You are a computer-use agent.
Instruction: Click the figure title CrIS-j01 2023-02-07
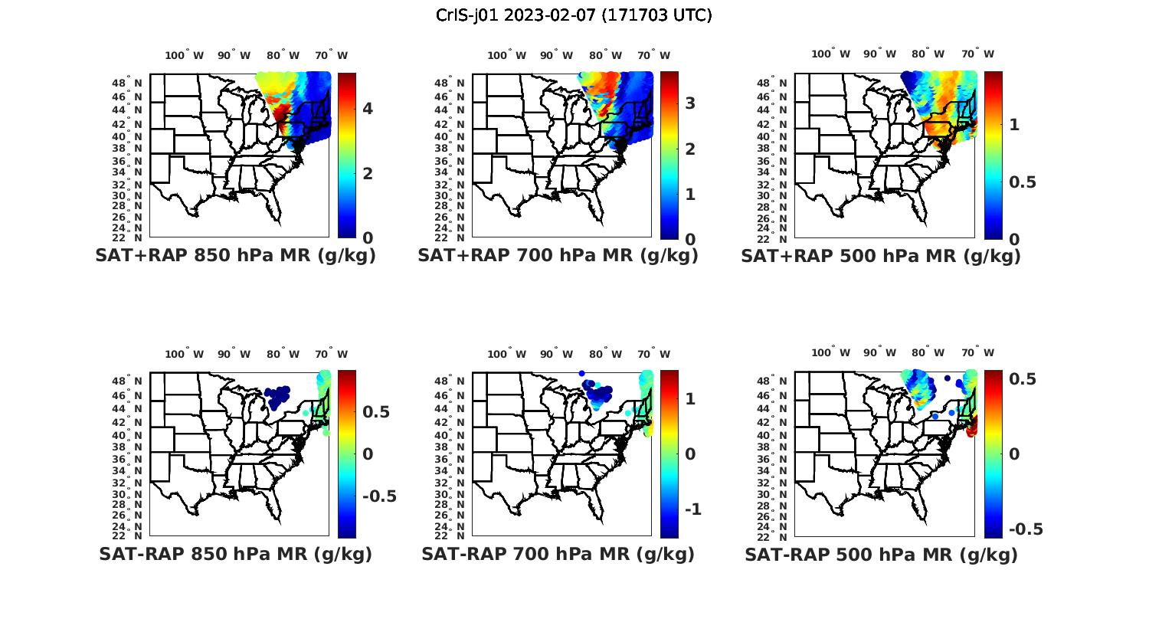pyautogui.click(x=574, y=15)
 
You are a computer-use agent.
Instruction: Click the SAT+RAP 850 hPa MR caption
pyautogui.click(x=235, y=256)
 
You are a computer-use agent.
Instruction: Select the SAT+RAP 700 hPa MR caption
pyautogui.click(x=558, y=256)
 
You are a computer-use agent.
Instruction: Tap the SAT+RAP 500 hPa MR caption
pyautogui.click(x=881, y=256)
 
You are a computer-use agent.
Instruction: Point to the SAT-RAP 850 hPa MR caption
pyautogui.click(x=235, y=554)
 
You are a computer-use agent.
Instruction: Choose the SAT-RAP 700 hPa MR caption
pyautogui.click(x=558, y=554)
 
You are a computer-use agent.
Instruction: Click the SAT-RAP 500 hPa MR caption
pyautogui.click(x=881, y=554)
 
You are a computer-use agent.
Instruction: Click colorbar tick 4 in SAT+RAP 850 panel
pyautogui.click(x=368, y=108)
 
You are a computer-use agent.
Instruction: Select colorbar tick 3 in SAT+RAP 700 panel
pyautogui.click(x=690, y=103)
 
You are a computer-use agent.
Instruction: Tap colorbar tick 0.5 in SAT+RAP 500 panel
pyautogui.click(x=1022, y=182)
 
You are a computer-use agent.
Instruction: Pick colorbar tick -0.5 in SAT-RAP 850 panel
pyautogui.click(x=379, y=496)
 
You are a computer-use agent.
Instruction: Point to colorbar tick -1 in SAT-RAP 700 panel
pyautogui.click(x=691, y=509)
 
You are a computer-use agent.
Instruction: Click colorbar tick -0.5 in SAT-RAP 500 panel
pyautogui.click(x=1026, y=529)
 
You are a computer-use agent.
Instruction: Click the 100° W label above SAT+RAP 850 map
pyautogui.click(x=184, y=55)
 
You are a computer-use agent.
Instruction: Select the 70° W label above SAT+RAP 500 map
pyautogui.click(x=977, y=54)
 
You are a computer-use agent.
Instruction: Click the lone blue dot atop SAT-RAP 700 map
pyautogui.click(x=582, y=373)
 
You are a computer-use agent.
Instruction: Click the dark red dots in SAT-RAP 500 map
pyautogui.click(x=972, y=431)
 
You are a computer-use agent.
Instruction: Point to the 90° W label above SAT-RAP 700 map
pyautogui.click(x=555, y=354)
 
